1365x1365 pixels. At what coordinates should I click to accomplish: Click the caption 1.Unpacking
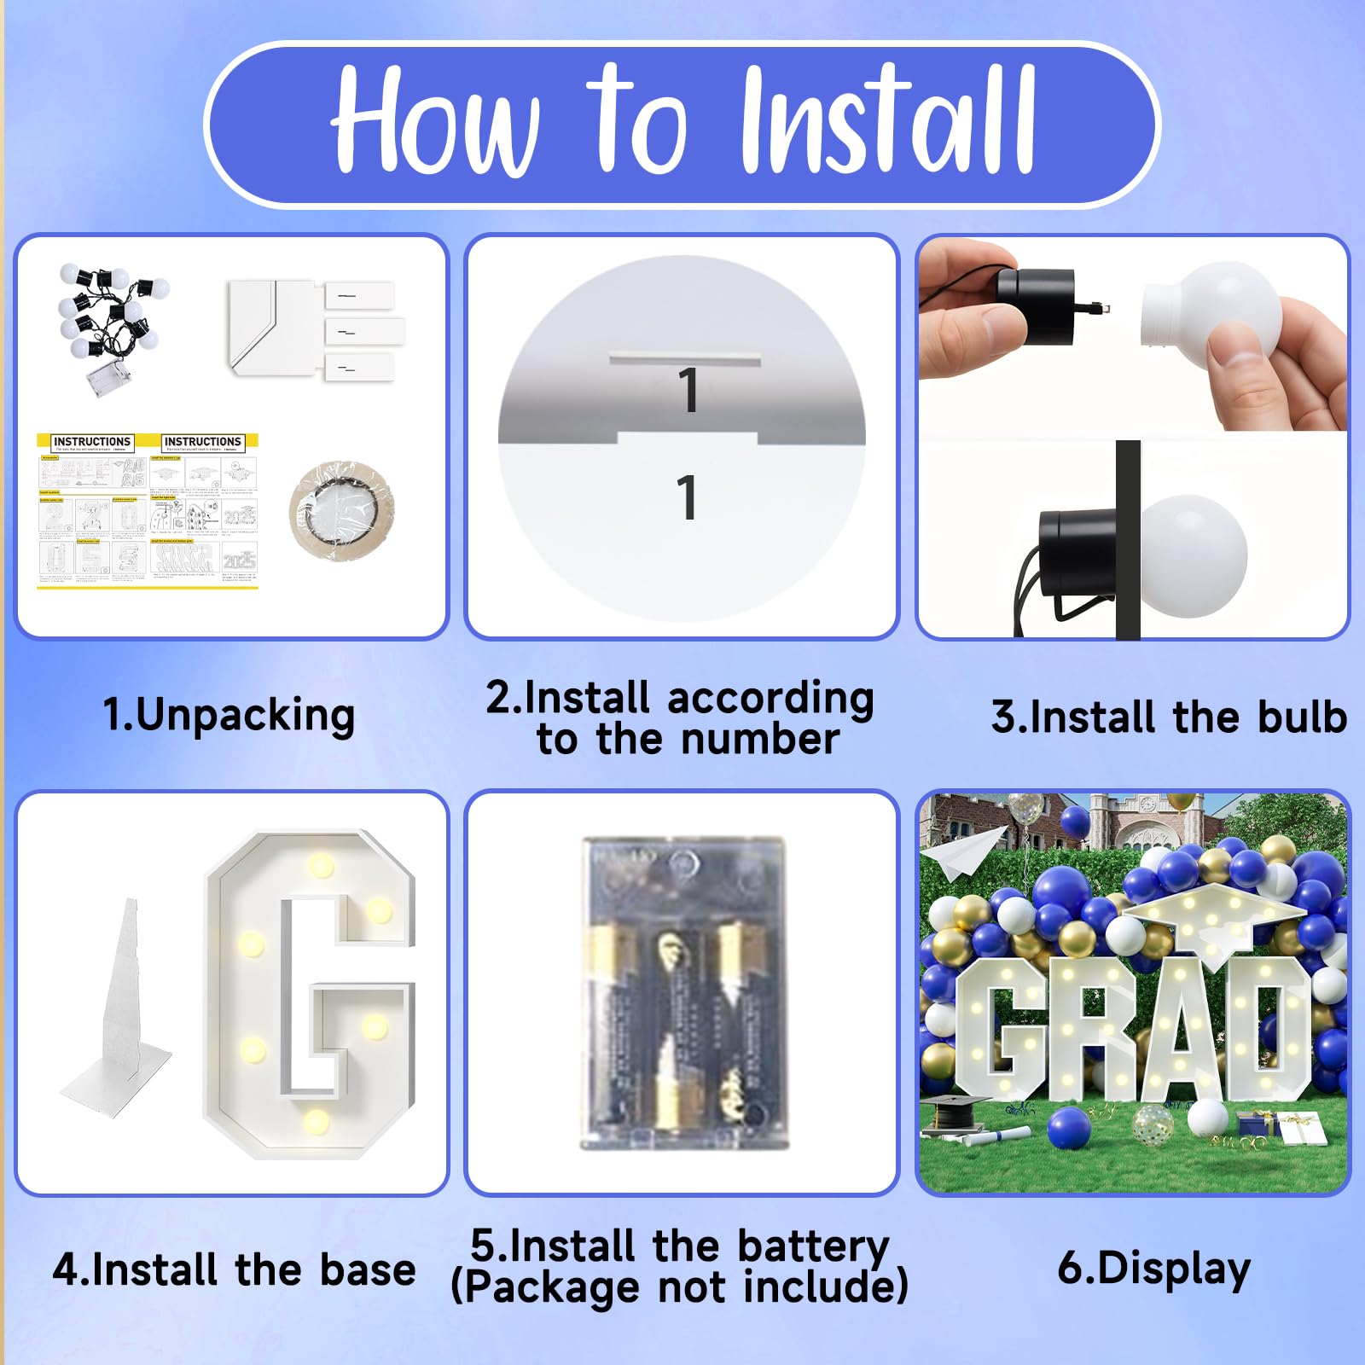(229, 715)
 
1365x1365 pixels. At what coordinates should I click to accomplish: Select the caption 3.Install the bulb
(1169, 717)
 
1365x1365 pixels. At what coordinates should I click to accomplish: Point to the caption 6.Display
(1153, 1269)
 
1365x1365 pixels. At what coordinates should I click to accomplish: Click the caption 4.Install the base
(234, 1269)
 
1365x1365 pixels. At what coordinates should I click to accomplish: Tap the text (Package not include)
(679, 1287)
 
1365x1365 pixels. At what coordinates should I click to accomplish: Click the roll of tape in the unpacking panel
(341, 510)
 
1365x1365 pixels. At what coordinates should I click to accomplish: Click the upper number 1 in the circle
(688, 391)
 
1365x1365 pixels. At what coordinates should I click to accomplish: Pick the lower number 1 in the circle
(687, 497)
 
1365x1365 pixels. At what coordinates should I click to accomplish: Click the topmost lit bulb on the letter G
(321, 865)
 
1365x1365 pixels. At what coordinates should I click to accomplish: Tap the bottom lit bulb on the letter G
(316, 1120)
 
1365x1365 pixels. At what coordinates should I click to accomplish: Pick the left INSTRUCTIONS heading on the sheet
(92, 442)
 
